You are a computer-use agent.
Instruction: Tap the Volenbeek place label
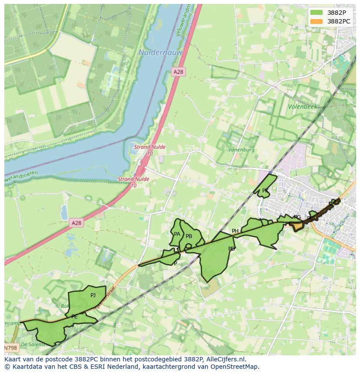[x=302, y=106]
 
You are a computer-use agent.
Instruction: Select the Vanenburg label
[x=241, y=150]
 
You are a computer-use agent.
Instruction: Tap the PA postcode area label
[x=177, y=234]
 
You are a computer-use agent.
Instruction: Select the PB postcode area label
[x=189, y=236]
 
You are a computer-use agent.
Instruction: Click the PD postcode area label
[x=232, y=249]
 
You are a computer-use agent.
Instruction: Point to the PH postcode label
[x=235, y=231]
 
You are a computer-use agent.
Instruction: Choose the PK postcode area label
[x=265, y=191]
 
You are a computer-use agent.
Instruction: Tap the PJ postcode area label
[x=93, y=295]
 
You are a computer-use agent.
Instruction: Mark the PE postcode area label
[x=74, y=317]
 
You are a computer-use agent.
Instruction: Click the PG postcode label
[x=297, y=217]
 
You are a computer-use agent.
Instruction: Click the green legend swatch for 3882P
[x=317, y=12]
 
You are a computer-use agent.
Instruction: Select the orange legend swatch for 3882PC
[x=317, y=21]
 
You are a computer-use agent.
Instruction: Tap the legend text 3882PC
[x=339, y=21]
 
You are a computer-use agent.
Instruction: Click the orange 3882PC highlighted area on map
[x=298, y=226]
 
